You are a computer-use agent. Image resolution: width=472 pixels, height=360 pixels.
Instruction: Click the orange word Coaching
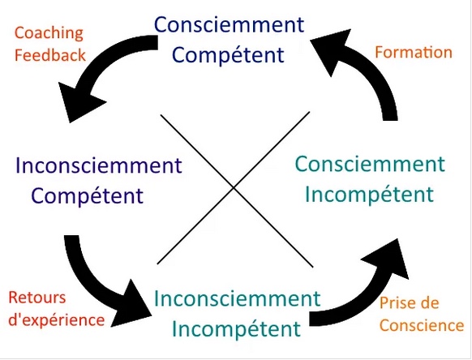[49, 34]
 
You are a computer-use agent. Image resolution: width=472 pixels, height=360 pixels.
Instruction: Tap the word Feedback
[50, 55]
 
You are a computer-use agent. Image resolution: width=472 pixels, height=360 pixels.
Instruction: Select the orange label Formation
[414, 52]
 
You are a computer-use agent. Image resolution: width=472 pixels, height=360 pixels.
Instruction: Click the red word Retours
[37, 298]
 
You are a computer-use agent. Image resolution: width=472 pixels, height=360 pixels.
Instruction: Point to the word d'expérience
[57, 320]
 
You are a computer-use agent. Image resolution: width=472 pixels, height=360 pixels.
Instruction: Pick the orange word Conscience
[422, 325]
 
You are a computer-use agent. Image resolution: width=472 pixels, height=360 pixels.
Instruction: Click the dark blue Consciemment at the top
[229, 24]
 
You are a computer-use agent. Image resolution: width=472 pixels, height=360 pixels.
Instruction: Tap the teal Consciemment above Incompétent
[370, 164]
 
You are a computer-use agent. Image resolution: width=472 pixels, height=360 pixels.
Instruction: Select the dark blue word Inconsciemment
[99, 165]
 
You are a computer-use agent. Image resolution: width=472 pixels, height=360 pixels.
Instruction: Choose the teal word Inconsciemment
[237, 298]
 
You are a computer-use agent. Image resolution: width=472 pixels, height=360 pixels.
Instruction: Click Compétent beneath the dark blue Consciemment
[228, 55]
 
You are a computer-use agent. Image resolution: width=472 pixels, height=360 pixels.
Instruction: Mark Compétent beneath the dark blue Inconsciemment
[88, 196]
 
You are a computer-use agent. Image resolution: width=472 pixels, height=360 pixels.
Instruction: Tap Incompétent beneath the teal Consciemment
[369, 195]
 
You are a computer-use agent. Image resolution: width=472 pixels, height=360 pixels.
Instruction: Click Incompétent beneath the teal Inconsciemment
[236, 329]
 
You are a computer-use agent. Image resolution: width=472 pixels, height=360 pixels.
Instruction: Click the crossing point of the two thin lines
[234, 188]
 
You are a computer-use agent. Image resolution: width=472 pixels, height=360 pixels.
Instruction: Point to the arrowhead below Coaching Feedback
[79, 101]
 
